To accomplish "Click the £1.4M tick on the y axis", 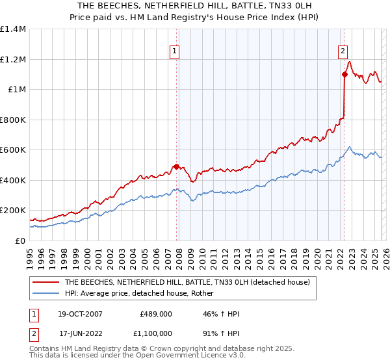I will click(x=13, y=29).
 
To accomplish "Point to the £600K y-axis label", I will click(x=13, y=150).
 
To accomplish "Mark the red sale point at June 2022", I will click(x=344, y=75).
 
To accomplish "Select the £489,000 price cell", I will click(x=156, y=314).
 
